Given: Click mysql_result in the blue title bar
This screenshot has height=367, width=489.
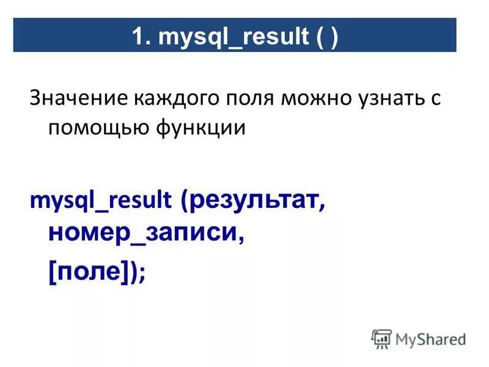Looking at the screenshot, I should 233,37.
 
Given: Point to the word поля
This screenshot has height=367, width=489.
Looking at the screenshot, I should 244,99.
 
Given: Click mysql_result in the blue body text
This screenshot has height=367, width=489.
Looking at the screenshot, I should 101,200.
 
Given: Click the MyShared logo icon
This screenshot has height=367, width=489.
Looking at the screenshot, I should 381,338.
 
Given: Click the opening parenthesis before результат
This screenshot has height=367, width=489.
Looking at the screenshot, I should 185,200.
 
